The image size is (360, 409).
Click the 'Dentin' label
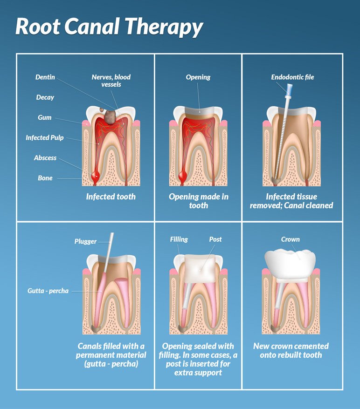click(x=45, y=77)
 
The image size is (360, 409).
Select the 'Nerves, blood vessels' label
click(x=111, y=80)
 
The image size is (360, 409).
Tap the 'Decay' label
click(x=45, y=97)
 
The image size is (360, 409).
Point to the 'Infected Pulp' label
click(x=45, y=138)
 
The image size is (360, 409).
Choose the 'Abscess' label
click(x=45, y=158)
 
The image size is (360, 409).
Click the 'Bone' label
click(x=45, y=178)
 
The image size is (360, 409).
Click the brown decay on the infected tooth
click(x=110, y=116)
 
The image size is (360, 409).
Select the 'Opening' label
click(x=198, y=77)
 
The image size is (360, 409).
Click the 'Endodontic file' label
click(x=292, y=77)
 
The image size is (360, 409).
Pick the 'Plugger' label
click(x=86, y=241)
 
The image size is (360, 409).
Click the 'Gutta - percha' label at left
click(x=48, y=291)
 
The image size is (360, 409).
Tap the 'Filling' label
click(x=179, y=239)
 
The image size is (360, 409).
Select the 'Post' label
click(x=215, y=239)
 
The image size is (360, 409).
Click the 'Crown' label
click(x=290, y=239)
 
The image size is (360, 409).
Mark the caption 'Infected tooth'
click(x=111, y=197)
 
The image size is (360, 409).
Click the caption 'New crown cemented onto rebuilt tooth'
click(x=291, y=350)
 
